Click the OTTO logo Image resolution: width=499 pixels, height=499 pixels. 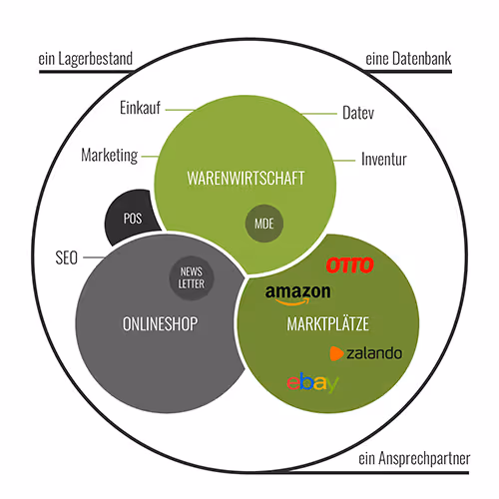(350, 265)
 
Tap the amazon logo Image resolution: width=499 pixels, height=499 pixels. (297, 294)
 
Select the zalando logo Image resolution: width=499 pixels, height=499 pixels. (366, 353)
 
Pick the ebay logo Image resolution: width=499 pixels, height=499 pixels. (312, 382)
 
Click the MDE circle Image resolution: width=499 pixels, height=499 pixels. (264, 224)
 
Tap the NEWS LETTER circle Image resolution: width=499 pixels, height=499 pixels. (192, 278)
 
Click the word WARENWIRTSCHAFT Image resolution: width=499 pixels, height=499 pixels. (246, 179)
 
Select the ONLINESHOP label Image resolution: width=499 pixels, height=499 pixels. (160, 324)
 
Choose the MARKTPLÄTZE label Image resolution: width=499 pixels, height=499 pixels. (328, 323)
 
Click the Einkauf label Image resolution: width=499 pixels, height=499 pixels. (140, 108)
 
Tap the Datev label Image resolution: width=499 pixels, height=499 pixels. (358, 113)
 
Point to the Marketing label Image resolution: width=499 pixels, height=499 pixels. (110, 156)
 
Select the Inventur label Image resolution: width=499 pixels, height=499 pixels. (384, 159)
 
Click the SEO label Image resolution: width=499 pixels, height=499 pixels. (67, 257)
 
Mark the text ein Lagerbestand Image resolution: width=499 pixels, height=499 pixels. (86, 59)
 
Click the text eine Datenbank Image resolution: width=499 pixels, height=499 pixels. (408, 59)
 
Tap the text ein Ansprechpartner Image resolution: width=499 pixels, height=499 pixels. (414, 458)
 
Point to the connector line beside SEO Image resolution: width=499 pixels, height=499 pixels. (94, 257)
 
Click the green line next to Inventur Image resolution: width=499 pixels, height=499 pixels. (344, 161)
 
